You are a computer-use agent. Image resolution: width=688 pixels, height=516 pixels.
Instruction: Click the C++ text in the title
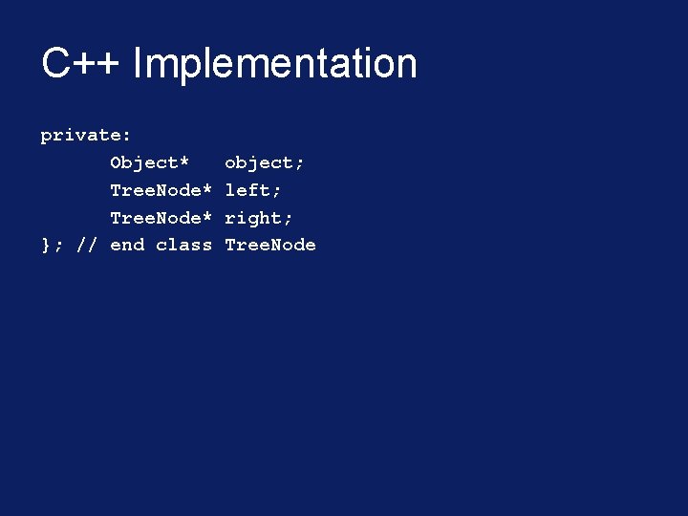coord(82,64)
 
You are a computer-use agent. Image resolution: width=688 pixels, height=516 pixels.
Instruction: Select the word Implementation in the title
coord(275,64)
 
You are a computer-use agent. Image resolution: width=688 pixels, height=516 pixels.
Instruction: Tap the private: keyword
coord(86,136)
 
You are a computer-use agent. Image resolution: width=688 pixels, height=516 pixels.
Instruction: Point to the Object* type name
coord(150,162)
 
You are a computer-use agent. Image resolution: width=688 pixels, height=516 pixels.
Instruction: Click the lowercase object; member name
coord(265,162)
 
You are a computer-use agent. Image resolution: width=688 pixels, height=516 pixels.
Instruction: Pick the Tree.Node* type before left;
coord(161,190)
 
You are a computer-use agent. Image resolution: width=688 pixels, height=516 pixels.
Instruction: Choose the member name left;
coord(253,190)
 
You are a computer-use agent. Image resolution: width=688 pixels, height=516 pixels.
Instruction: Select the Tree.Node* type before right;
coord(161,218)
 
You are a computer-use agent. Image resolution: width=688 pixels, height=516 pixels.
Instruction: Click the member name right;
coord(259,218)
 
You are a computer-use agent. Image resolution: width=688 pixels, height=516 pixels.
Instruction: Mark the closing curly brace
coord(45,246)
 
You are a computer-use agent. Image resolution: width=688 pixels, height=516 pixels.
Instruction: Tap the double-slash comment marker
coord(86,246)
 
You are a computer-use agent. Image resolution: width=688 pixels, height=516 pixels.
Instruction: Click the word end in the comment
coord(127,246)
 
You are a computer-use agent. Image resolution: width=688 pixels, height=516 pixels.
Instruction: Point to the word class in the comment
coord(183,246)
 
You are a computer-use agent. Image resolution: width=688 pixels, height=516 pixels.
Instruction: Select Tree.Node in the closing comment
coord(270,246)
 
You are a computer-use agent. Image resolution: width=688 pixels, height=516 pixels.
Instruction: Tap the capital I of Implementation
coord(139,64)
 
